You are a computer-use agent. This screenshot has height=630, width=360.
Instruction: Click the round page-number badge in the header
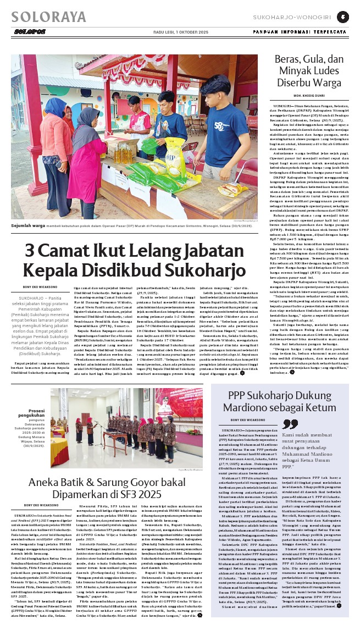(343, 16)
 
